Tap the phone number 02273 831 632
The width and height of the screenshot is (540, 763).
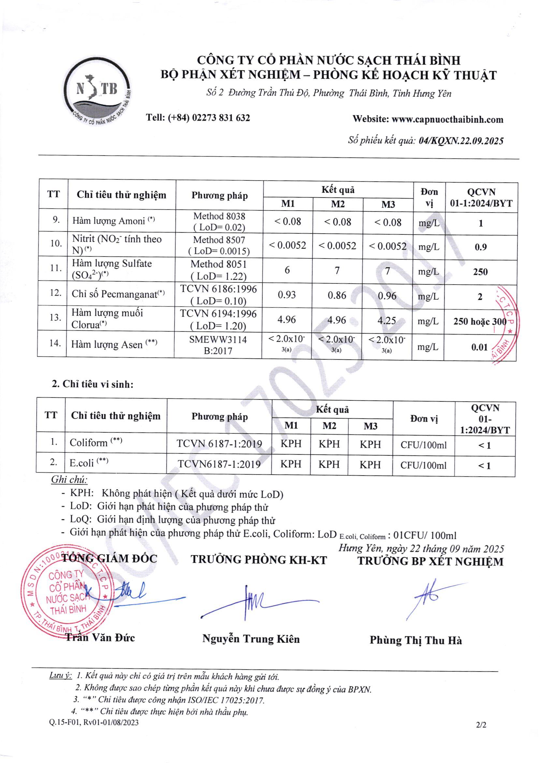[x=221, y=118]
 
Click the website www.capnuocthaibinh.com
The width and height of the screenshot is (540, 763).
[x=447, y=120]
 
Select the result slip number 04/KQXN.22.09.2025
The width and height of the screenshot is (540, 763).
[x=461, y=141]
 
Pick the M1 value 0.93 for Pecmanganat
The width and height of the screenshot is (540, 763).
[x=287, y=295]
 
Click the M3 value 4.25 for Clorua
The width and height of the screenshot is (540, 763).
[x=387, y=320]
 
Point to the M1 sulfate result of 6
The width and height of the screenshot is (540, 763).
[x=287, y=270]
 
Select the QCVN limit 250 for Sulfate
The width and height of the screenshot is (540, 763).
[x=480, y=272]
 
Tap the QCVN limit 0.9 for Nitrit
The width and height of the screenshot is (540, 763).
[x=480, y=247]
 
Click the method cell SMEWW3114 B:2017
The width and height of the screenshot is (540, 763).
[x=218, y=345]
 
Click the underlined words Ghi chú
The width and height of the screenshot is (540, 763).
[x=69, y=479]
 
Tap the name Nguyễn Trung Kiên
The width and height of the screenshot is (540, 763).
[x=251, y=639]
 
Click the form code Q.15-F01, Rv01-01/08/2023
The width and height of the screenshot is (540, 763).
[x=94, y=723]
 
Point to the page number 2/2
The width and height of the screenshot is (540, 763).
[x=481, y=725]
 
